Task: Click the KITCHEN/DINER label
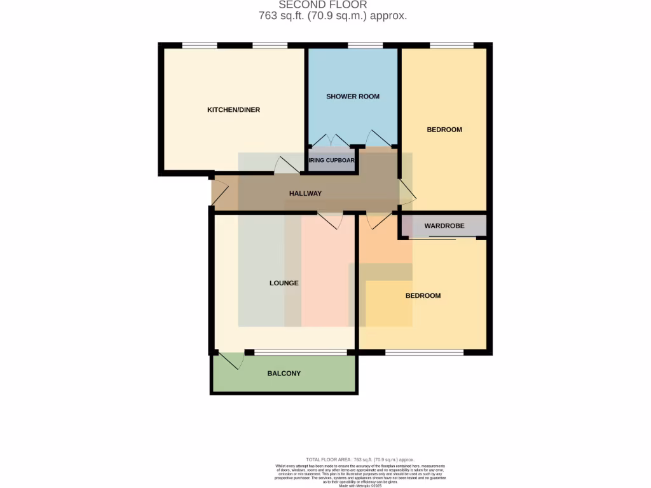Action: (x=233, y=110)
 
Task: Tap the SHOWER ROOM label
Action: (x=353, y=97)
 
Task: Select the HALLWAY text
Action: (x=305, y=194)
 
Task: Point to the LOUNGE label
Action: (x=284, y=283)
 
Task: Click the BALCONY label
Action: (x=284, y=373)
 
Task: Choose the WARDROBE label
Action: (x=444, y=226)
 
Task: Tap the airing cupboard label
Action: (x=331, y=160)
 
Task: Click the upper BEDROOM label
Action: (x=444, y=130)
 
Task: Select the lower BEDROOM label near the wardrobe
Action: (x=423, y=295)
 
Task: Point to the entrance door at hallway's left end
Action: (x=219, y=193)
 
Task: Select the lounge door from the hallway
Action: (x=331, y=220)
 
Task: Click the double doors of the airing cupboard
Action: (x=329, y=140)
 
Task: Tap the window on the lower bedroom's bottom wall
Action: (x=424, y=352)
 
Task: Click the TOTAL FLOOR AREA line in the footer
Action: (x=360, y=459)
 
